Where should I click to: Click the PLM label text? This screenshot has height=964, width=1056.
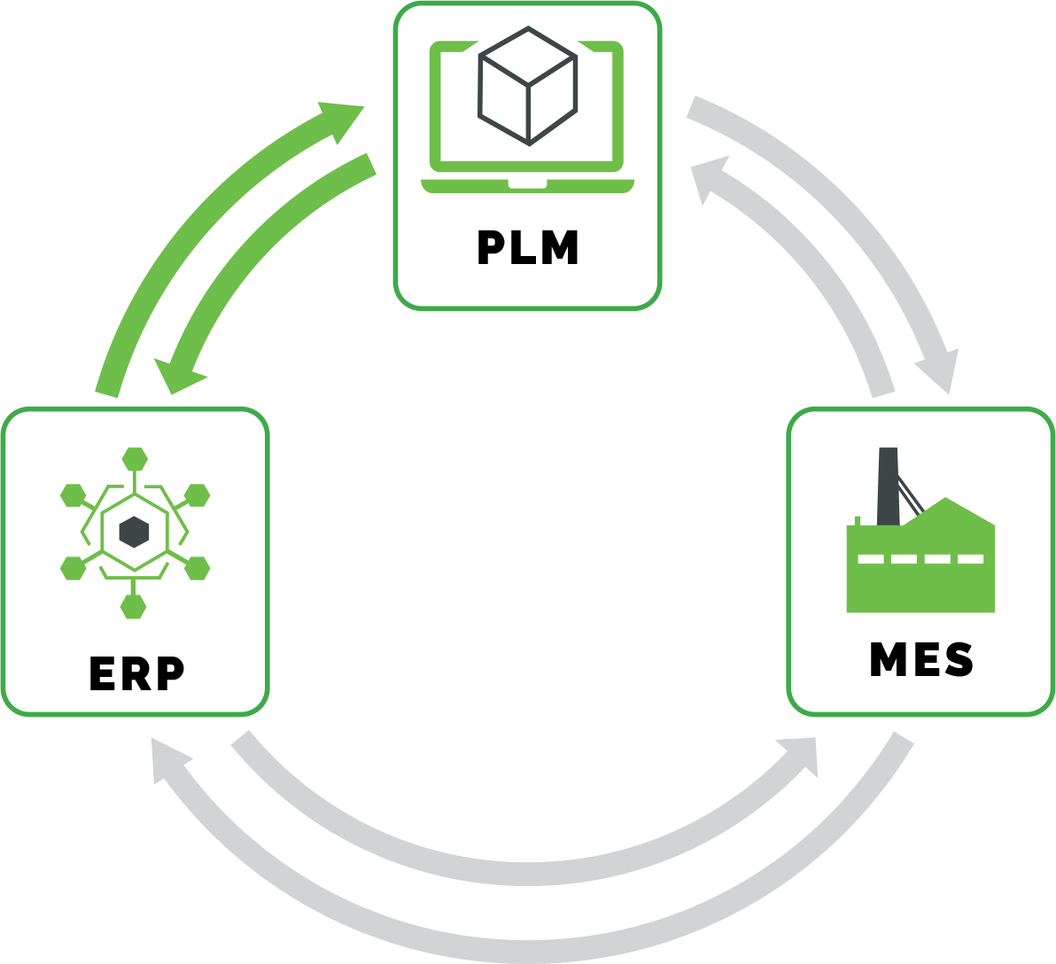point(528,248)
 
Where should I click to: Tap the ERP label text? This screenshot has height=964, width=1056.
point(136,674)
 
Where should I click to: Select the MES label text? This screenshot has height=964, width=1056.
point(921,660)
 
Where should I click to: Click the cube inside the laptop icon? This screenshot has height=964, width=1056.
point(528,86)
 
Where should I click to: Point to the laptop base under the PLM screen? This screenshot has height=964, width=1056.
point(528,185)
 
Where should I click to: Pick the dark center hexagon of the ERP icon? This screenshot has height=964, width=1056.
point(134,532)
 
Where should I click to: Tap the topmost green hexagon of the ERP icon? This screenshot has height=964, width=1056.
point(135,459)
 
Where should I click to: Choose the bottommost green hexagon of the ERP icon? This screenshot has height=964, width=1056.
point(134,607)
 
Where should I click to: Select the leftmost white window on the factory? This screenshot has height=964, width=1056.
point(871,559)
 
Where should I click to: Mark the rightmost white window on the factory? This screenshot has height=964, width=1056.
point(970,559)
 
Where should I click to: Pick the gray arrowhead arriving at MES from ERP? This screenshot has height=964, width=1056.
point(801,753)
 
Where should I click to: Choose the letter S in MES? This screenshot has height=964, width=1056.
point(959,660)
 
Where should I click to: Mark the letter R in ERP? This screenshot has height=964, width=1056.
point(136,674)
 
